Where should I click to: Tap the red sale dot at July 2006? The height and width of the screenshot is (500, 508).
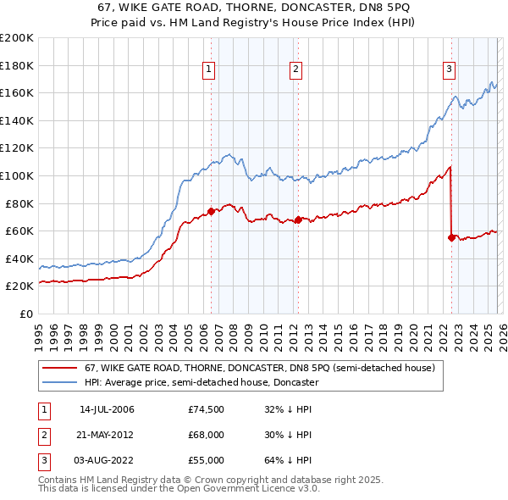211,211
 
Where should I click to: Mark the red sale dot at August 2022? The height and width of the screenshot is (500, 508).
451,238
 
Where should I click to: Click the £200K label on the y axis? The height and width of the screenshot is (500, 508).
17,38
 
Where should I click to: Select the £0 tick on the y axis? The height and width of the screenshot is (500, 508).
26,314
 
